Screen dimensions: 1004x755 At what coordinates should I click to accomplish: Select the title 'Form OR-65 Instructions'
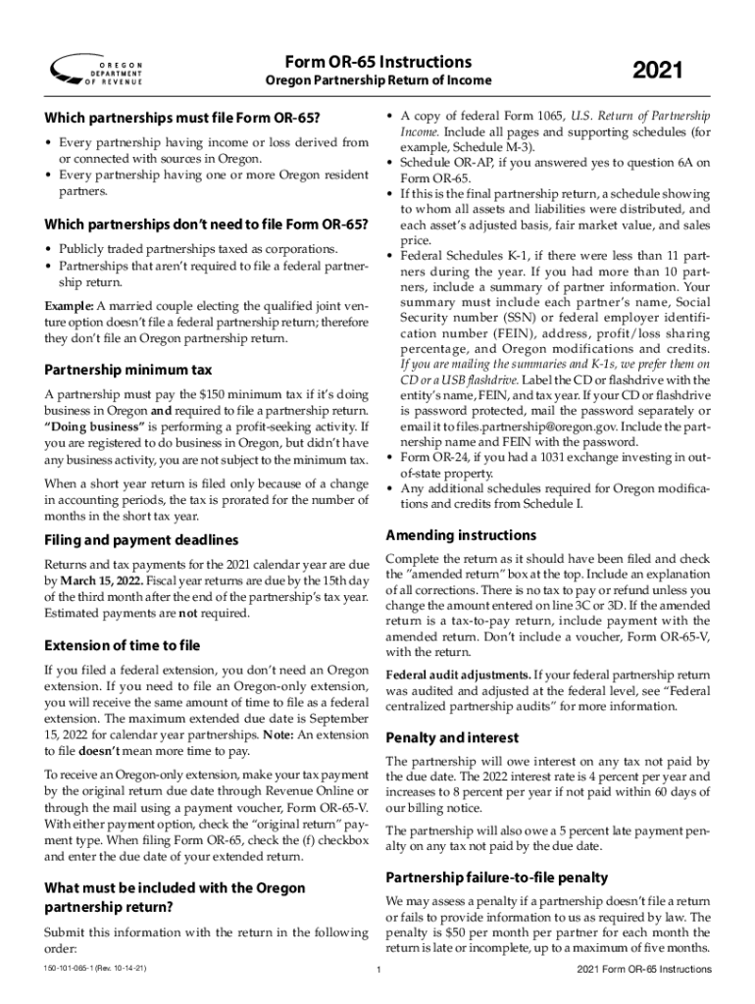(377, 61)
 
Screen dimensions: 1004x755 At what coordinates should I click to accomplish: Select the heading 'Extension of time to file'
(123, 645)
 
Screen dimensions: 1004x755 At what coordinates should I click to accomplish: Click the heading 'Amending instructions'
(461, 535)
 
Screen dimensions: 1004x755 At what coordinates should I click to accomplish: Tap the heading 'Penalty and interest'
(452, 737)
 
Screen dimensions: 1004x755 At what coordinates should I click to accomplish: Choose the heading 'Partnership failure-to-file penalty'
(497, 877)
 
